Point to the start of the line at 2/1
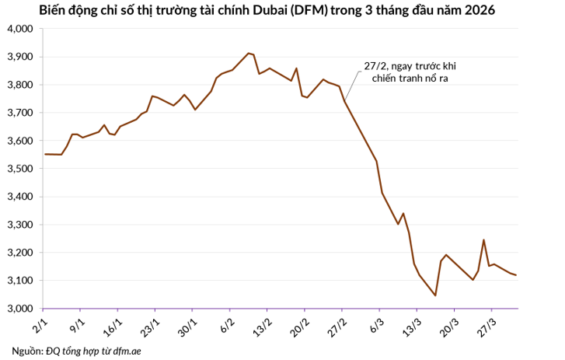(45, 154)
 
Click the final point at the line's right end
(516, 275)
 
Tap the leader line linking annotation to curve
(351, 83)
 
